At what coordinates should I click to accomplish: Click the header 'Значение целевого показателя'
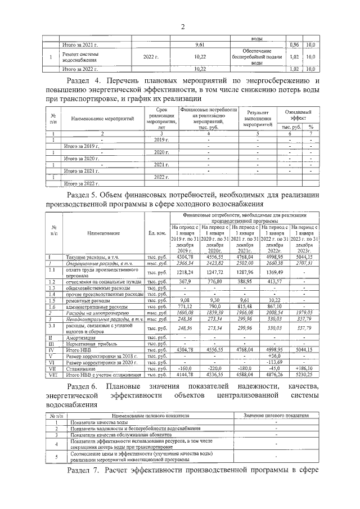pyautogui.click(x=276, y=415)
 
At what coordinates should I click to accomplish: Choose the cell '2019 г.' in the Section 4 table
pyautogui.click(x=162, y=139)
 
